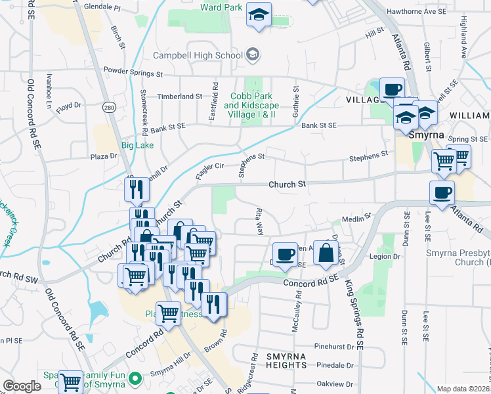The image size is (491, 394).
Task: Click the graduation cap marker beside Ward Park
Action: [x=259, y=14]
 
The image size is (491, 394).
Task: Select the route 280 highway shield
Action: [x=109, y=107]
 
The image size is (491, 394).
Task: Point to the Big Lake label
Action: [x=136, y=144]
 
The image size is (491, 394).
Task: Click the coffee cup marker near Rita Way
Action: [x=285, y=254]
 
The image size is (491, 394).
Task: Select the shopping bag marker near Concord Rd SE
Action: [x=326, y=253]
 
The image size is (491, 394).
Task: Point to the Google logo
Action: [x=22, y=386]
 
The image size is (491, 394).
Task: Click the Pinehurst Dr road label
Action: [x=334, y=345]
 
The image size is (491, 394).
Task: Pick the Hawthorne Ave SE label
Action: [x=417, y=11]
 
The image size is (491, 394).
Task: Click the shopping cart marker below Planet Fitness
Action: [x=169, y=314]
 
